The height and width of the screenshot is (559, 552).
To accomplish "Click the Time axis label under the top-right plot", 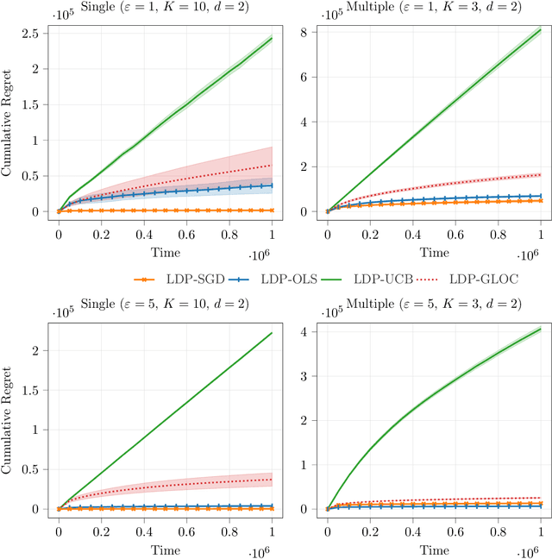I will pos(434,254).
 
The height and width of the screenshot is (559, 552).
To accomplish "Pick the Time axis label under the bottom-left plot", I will pos(165,550).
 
